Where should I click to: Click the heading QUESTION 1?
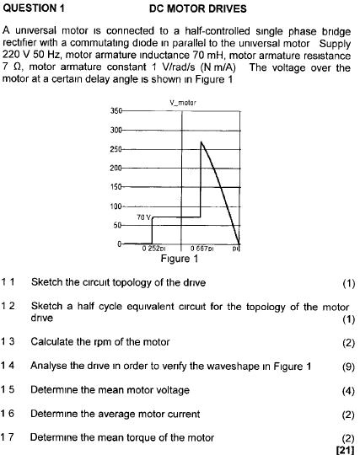35,9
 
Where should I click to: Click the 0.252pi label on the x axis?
154,249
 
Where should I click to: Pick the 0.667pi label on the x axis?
201,249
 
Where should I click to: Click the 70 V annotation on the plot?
143,217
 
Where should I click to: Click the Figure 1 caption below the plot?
180,259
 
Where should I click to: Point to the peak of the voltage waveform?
201,142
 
